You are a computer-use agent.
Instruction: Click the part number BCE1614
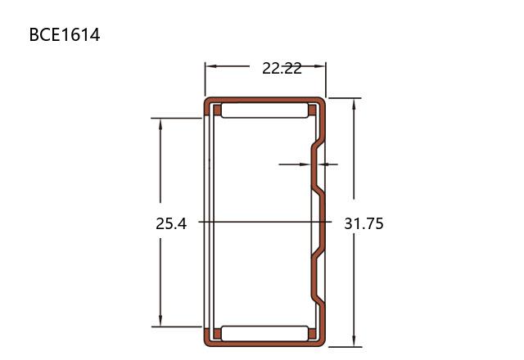pos(65,34)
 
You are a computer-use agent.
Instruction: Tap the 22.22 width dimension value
pos(282,69)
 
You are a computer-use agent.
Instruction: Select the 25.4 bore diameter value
pos(171,223)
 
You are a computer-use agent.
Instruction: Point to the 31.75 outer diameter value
pos(364,223)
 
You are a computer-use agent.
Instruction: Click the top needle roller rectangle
pos(264,110)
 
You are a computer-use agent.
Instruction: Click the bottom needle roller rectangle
pos(264,334)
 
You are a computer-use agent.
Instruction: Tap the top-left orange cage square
pos(217,110)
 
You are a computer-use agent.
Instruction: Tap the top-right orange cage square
pos(312,110)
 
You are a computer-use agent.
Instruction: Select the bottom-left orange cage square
pos(217,334)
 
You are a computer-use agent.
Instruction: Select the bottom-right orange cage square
pos(312,334)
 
